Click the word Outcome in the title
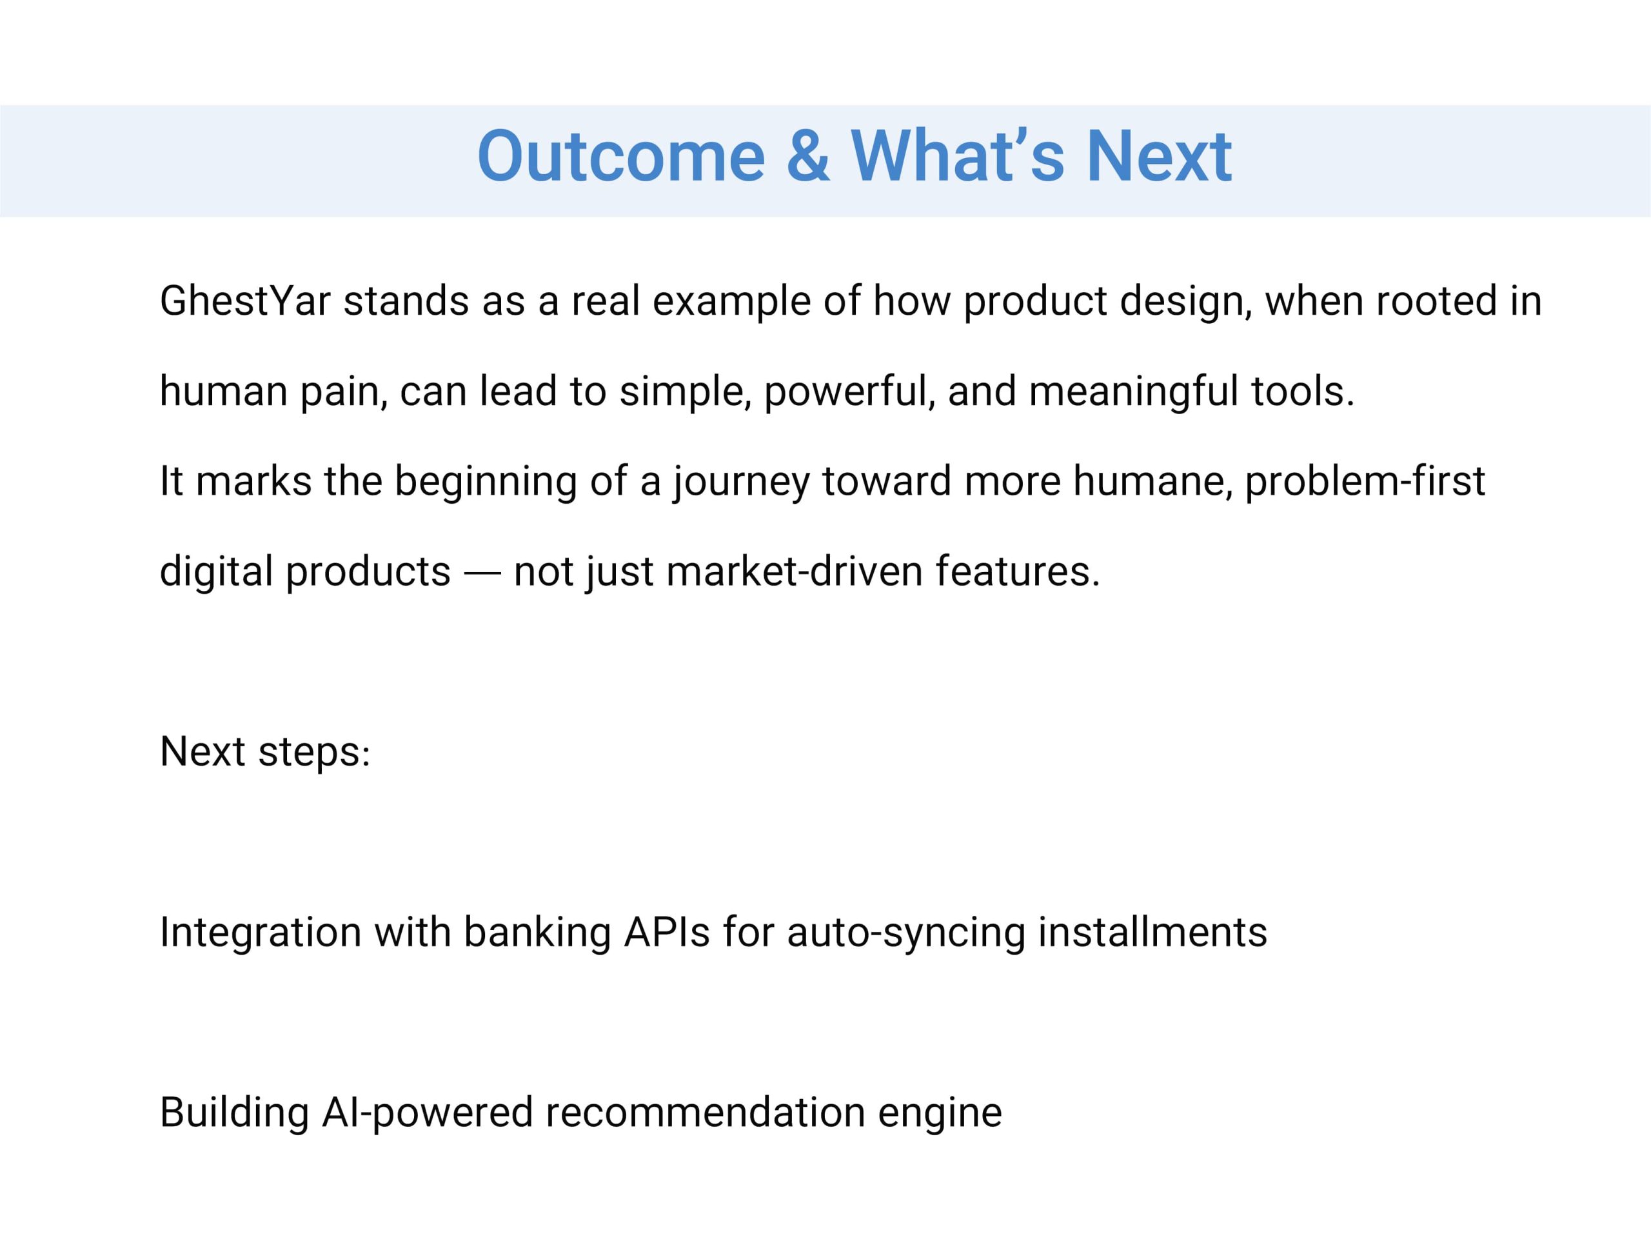(x=621, y=156)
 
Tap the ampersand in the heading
(x=808, y=156)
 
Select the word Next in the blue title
(x=1159, y=156)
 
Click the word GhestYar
(x=245, y=301)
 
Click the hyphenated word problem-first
(x=1365, y=482)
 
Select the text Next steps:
(x=265, y=752)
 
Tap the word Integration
(x=261, y=933)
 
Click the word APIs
(x=666, y=933)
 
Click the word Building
(x=234, y=1113)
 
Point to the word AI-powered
(x=428, y=1113)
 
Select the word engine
(x=940, y=1113)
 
